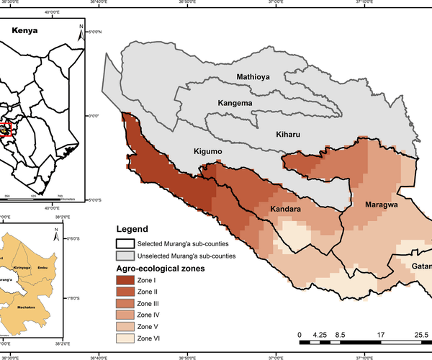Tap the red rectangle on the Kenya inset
click(x=6, y=129)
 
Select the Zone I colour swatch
click(x=126, y=280)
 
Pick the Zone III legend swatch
click(x=126, y=303)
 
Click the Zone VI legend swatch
click(x=126, y=338)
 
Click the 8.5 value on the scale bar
click(x=341, y=334)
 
